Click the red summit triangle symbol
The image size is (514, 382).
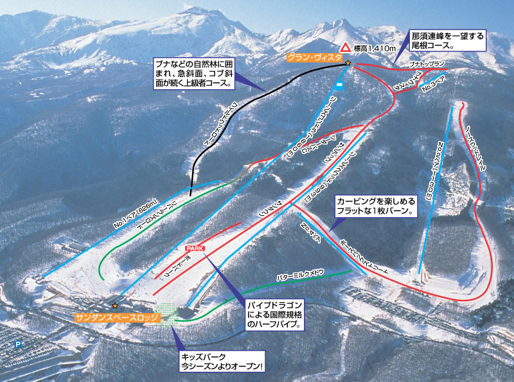pos(346,47)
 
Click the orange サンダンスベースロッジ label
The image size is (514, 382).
pos(112,317)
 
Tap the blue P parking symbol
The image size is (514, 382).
pos(18,344)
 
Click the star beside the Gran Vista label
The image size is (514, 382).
pos(348,63)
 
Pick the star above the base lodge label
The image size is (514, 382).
pos(115,306)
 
